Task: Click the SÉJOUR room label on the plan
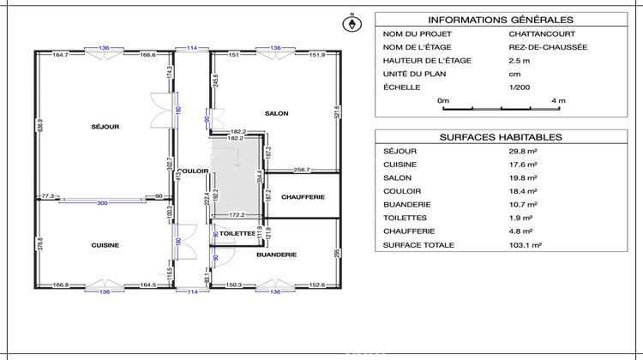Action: (x=105, y=127)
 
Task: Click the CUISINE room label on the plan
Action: (x=105, y=245)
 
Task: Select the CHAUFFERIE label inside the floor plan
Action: (x=303, y=197)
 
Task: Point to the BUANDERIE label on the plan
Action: (x=276, y=255)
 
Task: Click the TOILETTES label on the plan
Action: (x=237, y=233)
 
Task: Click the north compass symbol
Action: (x=350, y=24)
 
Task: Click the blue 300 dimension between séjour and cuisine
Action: (x=103, y=203)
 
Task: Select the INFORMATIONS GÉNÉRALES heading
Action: (x=500, y=21)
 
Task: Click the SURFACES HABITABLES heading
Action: (x=500, y=136)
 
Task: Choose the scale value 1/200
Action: (x=520, y=87)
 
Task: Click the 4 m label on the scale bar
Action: (x=558, y=100)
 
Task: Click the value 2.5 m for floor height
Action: (x=518, y=60)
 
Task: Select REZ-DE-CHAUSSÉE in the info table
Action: (x=547, y=47)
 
